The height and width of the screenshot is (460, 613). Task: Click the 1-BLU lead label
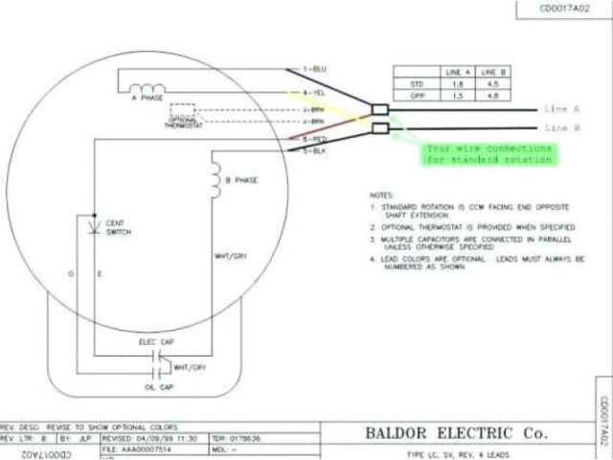[314, 70]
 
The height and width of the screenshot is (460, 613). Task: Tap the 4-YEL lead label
[314, 92]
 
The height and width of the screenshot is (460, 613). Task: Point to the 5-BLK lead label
[314, 150]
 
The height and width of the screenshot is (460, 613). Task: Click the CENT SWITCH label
[118, 227]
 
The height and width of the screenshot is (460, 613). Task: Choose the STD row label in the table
[415, 84]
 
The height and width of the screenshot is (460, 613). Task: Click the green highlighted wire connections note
[488, 154]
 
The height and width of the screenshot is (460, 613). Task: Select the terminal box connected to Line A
[379, 109]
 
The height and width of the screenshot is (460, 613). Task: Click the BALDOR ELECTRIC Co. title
[457, 433]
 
